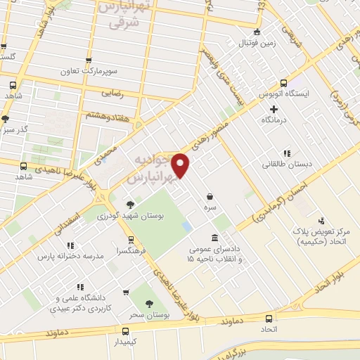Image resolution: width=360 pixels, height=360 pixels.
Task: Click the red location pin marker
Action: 181,166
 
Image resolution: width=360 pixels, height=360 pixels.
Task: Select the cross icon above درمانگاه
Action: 274,109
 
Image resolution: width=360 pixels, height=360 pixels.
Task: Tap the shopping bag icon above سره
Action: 210,197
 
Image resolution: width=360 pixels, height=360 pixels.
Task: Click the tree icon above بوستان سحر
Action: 149,303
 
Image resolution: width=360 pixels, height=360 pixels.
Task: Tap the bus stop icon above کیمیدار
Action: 125,331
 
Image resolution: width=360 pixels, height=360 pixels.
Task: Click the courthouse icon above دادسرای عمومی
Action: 214,237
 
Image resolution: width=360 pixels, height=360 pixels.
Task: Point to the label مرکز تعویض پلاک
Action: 323,231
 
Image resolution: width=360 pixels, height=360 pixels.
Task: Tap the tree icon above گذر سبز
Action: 6,119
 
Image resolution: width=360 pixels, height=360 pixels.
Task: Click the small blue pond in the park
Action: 186,227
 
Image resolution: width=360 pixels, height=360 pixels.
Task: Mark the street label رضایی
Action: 113,92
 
